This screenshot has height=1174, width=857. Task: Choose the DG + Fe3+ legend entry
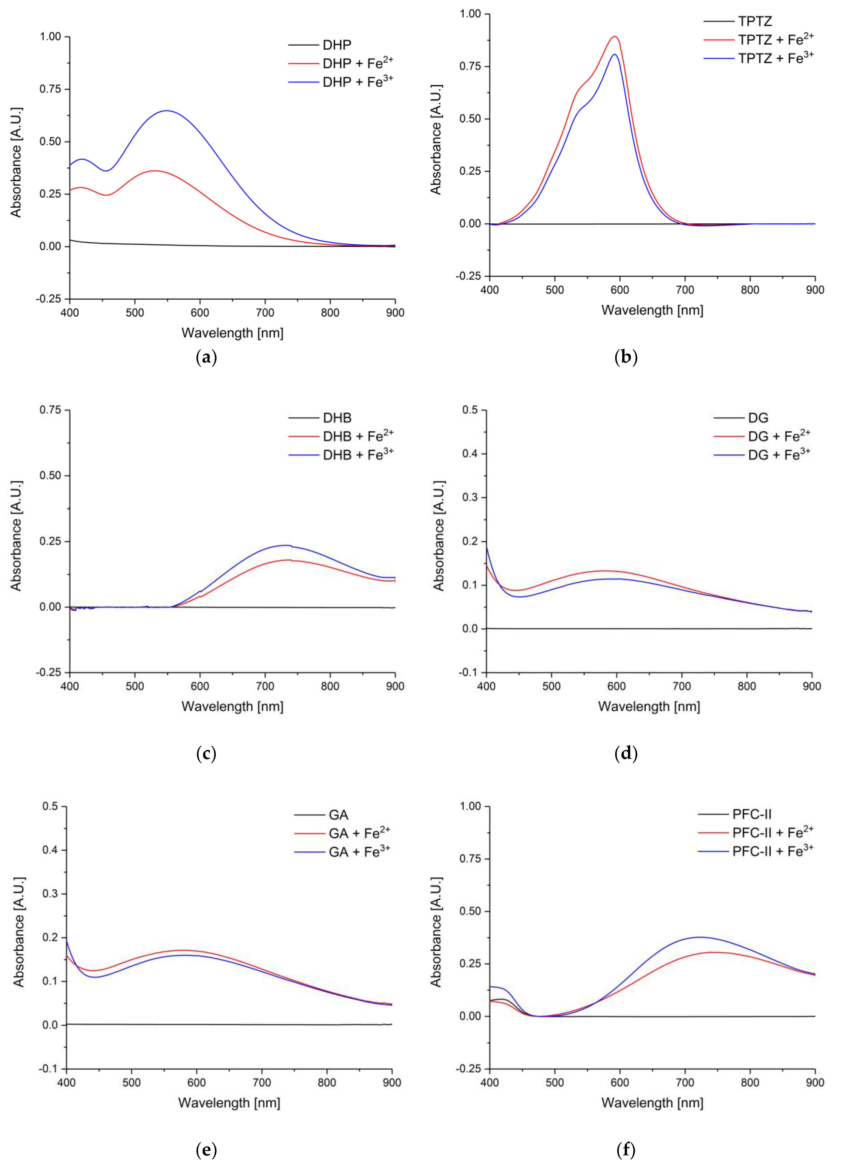[778, 455]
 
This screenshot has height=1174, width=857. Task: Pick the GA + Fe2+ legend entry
[359, 833]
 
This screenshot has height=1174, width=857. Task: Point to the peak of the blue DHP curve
[167, 111]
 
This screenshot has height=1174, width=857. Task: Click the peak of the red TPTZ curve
[615, 36]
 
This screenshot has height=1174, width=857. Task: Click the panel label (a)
[206, 357]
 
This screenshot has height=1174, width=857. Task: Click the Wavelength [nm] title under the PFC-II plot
[652, 1103]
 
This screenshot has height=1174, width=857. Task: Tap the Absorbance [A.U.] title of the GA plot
[19, 932]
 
